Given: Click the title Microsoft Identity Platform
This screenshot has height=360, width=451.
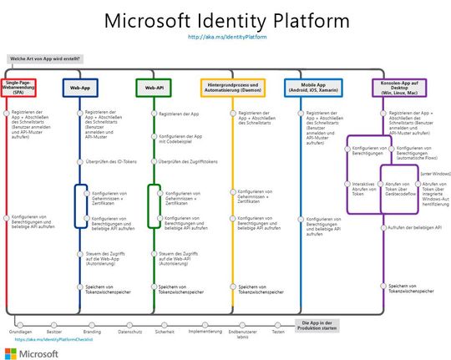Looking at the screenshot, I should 225,20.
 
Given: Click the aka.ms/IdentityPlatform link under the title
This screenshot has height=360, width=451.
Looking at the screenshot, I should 225,37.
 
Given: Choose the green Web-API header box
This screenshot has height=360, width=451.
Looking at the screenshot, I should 153,88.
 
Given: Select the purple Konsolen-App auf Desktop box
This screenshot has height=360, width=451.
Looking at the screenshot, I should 398,88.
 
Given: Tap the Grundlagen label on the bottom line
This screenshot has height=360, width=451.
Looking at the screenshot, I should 20,331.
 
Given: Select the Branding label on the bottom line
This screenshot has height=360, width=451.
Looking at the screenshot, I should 92,331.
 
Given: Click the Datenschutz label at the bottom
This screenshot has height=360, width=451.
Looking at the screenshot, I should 129,331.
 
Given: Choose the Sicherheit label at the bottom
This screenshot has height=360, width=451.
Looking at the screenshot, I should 165,331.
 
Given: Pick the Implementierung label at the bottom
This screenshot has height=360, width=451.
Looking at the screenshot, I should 205,331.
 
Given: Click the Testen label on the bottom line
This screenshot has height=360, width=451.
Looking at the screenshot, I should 278,331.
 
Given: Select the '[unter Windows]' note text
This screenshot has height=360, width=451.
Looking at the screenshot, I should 436,173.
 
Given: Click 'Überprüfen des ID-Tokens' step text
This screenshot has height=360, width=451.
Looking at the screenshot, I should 106,160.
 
